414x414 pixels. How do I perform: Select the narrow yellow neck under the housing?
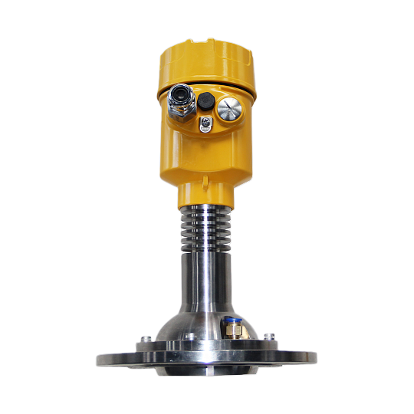[207, 199]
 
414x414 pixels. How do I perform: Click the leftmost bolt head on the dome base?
[145, 337]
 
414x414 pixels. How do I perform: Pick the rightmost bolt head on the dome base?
[268, 336]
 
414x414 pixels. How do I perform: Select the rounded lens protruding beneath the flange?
[207, 374]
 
